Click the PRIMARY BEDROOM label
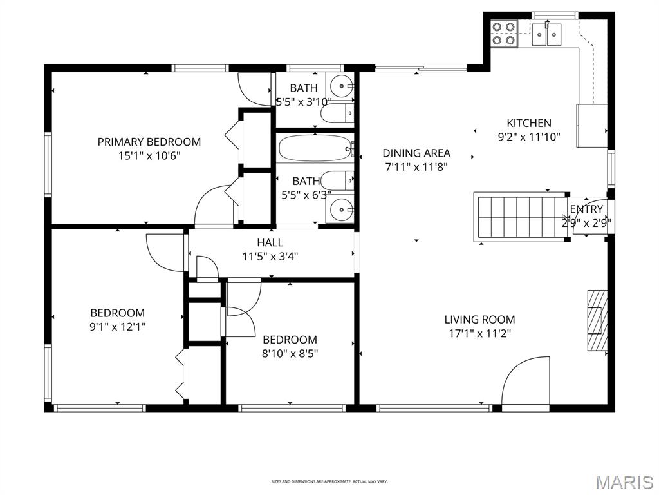pyautogui.click(x=149, y=141)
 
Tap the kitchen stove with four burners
pyautogui.click(x=504, y=33)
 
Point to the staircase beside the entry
pyautogui.click(x=519, y=217)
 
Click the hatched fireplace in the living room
pyautogui.click(x=597, y=320)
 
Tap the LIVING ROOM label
pyautogui.click(x=479, y=319)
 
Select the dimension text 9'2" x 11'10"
pyautogui.click(x=529, y=137)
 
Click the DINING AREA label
pyautogui.click(x=416, y=153)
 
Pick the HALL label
pyautogui.click(x=270, y=242)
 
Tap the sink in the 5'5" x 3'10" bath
pyautogui.click(x=341, y=85)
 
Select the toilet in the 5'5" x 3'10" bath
pyautogui.click(x=338, y=114)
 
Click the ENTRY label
pyautogui.click(x=586, y=209)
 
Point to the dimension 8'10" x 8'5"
pyautogui.click(x=290, y=353)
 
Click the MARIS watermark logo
pyautogui.click(x=624, y=481)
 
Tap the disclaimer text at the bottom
pyautogui.click(x=329, y=481)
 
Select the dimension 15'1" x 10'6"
pyautogui.click(x=149, y=155)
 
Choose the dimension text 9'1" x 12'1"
pyautogui.click(x=117, y=327)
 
